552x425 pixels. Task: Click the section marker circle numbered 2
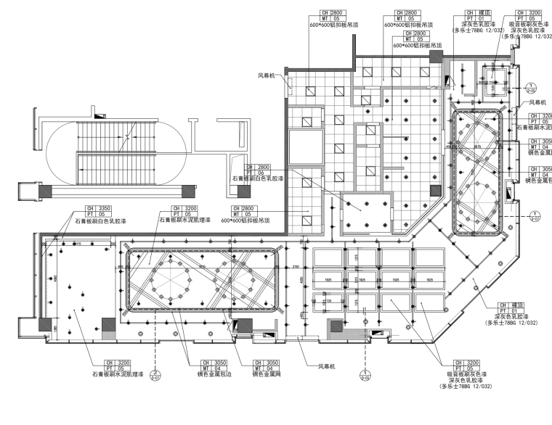(155, 375)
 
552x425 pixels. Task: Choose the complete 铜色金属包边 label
(198, 374)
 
